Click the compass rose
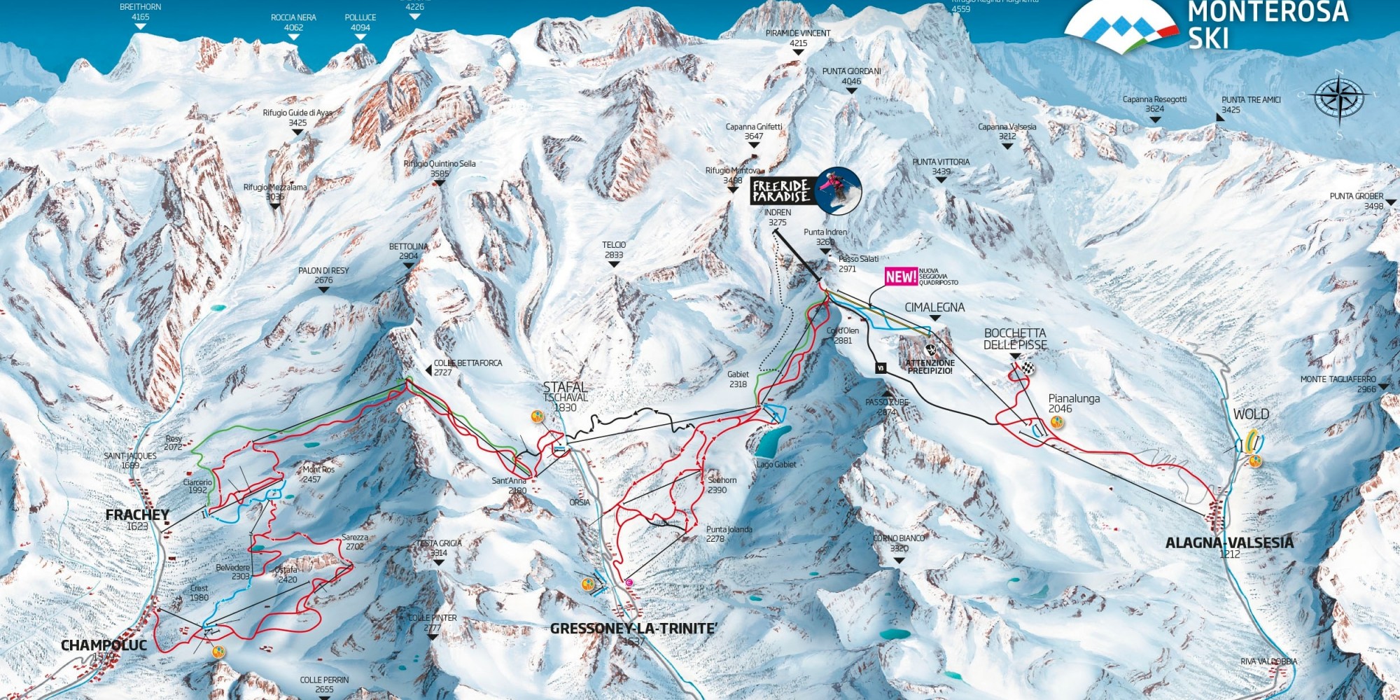[x=1339, y=97]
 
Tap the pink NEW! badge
[x=900, y=276]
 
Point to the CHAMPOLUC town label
[x=104, y=645]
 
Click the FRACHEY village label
[x=137, y=515]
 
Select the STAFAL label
[x=565, y=387]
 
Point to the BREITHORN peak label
[x=140, y=7]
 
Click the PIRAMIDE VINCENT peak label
[x=798, y=34]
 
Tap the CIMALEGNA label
[x=934, y=307]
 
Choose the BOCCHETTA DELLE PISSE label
[x=1015, y=339]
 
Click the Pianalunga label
[x=1074, y=399]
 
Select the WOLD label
[x=1251, y=414]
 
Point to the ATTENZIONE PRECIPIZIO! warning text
[x=930, y=367]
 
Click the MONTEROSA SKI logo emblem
[x=1120, y=27]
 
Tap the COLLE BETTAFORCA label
[x=468, y=363]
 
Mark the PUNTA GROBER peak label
[x=1357, y=197]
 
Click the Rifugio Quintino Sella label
[x=440, y=164]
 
